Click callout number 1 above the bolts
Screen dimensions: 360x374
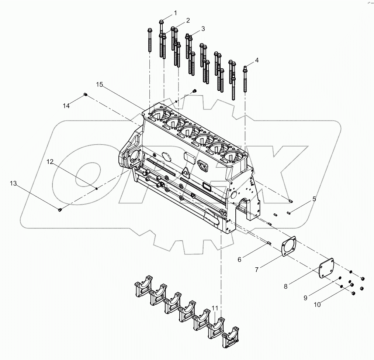tap(175, 13)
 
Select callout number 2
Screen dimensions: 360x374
tap(188, 20)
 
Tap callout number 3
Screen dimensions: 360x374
tap(203, 28)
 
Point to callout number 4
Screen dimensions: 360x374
tap(257, 60)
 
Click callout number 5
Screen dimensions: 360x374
tap(314, 199)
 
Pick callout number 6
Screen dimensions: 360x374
tap(239, 260)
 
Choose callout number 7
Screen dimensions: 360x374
tap(257, 270)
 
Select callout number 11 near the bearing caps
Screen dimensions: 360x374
tap(215, 308)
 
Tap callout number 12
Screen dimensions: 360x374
tap(50, 161)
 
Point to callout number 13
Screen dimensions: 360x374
tap(13, 184)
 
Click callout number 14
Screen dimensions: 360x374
tap(66, 106)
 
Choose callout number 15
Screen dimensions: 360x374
tap(100, 85)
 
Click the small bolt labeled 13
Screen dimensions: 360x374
tap(60, 210)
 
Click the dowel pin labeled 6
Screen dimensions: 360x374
tap(269, 243)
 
